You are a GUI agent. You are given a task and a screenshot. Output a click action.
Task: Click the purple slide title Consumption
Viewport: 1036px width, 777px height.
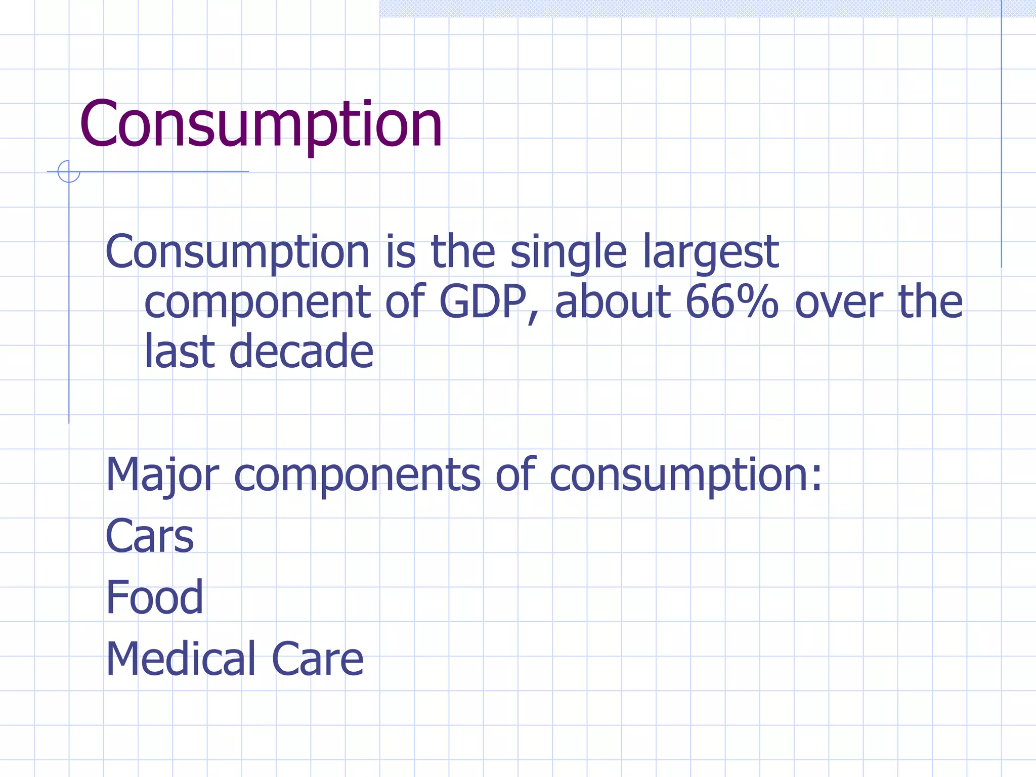click(x=261, y=124)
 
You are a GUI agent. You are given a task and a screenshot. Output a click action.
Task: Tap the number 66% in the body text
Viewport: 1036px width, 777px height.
click(x=732, y=302)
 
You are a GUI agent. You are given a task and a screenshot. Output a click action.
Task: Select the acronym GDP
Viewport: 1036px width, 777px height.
click(x=483, y=302)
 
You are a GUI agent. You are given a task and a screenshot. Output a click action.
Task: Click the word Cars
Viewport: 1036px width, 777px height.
click(x=150, y=536)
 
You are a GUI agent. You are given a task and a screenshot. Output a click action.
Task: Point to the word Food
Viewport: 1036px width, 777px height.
click(x=154, y=597)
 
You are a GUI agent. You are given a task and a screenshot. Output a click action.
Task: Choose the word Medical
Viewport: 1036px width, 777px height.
click(x=180, y=659)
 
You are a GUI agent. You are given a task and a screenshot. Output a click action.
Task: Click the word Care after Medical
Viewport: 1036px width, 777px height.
click(x=318, y=659)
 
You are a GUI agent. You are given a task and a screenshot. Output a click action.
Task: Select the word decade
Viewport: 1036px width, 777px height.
click(x=301, y=351)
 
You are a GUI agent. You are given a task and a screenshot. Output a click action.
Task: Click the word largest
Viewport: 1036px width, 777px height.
click(x=711, y=253)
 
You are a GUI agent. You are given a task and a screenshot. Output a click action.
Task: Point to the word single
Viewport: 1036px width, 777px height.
click(x=569, y=253)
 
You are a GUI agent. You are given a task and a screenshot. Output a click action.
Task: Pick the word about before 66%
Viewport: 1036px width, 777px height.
click(x=613, y=302)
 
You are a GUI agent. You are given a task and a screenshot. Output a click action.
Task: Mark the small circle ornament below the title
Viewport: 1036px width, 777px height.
click(x=69, y=171)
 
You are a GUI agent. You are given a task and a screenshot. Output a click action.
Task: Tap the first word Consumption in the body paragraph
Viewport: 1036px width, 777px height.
click(x=238, y=253)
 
